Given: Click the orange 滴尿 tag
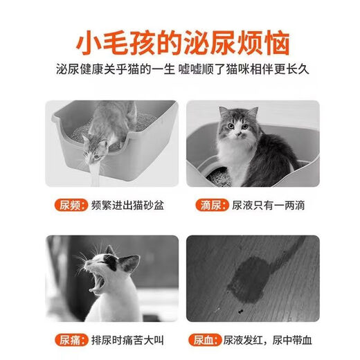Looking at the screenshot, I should point(201,206).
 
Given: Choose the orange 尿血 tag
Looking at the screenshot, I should point(201,340).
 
